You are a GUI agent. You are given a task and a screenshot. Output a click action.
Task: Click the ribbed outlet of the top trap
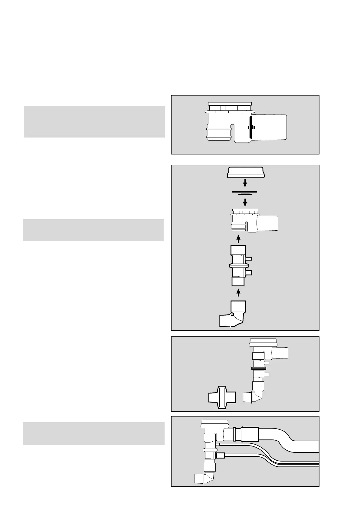(219, 134)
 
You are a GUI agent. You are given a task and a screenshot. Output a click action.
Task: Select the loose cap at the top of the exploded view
(246, 173)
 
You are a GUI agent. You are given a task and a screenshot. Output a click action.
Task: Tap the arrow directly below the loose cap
(245, 183)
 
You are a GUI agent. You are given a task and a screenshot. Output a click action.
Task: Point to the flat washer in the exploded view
(245, 192)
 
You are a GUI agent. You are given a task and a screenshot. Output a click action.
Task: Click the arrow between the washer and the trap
(245, 202)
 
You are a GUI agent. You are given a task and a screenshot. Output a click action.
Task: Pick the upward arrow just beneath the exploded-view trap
(238, 239)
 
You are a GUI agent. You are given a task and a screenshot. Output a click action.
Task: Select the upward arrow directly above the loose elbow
(238, 293)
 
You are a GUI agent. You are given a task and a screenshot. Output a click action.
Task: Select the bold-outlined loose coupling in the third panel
(222, 397)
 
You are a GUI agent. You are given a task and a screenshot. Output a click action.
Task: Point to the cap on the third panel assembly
(263, 342)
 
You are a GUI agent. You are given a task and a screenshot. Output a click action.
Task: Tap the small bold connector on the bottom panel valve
(221, 456)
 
